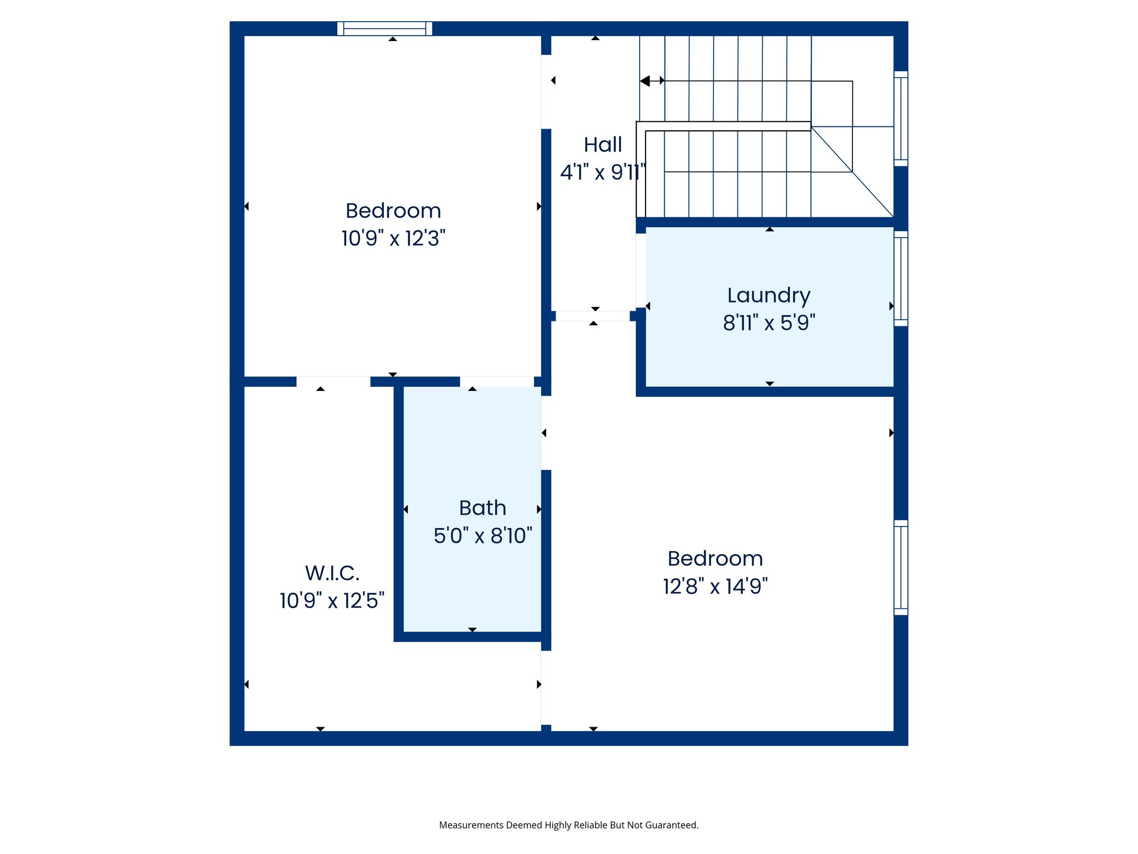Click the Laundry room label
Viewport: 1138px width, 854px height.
click(768, 295)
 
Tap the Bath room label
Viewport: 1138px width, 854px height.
click(482, 508)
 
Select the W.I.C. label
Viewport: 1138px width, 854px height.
click(332, 573)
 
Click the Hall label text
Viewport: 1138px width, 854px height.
click(602, 145)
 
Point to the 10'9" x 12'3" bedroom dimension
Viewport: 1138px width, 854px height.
click(393, 239)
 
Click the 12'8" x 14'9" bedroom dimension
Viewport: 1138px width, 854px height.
click(715, 586)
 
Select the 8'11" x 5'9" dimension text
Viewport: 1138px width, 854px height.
click(768, 322)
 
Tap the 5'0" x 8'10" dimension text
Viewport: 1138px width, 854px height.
click(482, 535)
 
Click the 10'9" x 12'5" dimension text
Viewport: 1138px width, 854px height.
click(332, 600)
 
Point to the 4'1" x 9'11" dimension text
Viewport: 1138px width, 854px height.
click(602, 172)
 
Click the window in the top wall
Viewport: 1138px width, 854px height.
click(385, 28)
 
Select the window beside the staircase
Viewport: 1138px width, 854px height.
click(901, 118)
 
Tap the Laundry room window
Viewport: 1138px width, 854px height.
click(901, 279)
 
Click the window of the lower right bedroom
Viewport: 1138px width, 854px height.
click(901, 568)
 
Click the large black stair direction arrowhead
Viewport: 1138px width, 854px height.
click(645, 81)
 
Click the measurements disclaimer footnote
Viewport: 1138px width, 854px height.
click(568, 825)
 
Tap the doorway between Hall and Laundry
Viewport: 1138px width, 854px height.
click(641, 270)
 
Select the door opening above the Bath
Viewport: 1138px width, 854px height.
click(497, 381)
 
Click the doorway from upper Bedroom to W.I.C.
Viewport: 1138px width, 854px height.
click(333, 381)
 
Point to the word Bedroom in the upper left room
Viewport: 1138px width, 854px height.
click(393, 211)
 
